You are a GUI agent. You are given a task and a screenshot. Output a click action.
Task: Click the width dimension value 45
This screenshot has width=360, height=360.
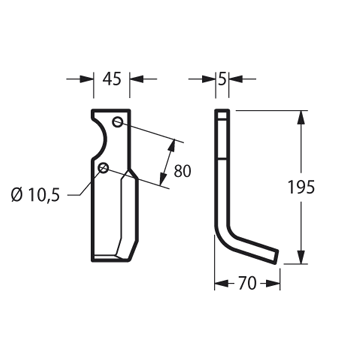tap(111, 79)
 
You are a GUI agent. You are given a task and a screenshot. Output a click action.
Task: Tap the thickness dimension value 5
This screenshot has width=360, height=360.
tap(222, 79)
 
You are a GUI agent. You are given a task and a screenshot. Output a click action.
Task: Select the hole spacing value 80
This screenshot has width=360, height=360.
tap(182, 171)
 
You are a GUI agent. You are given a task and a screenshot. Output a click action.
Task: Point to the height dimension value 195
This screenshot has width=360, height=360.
tap(301, 187)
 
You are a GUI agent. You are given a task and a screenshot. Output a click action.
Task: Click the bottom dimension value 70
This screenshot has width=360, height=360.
tap(247, 284)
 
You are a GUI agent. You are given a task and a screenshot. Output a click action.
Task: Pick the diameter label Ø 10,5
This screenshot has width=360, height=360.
tap(35, 195)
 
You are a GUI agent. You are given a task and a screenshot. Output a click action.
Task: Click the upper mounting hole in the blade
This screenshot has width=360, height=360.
tap(117, 122)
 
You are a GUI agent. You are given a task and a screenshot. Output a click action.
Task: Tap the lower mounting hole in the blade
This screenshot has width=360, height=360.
tap(103, 168)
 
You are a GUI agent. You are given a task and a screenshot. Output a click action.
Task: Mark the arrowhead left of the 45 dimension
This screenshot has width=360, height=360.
tap(87, 79)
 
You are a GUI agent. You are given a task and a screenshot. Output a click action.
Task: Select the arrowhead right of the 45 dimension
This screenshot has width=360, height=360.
tap(136, 79)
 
